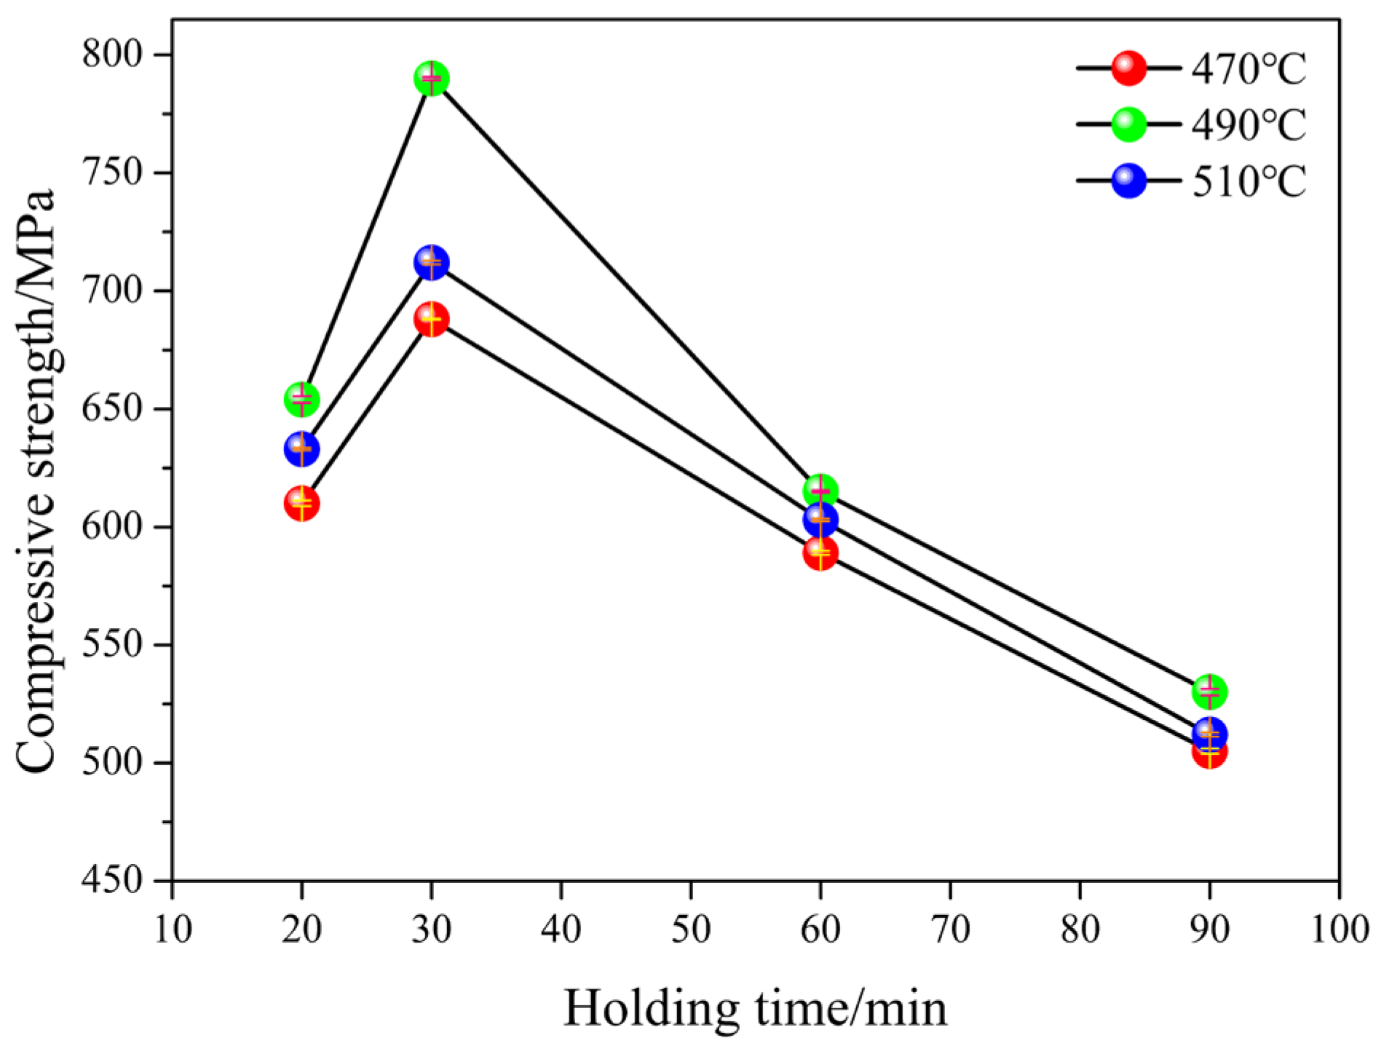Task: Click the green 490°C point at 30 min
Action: pyautogui.click(x=432, y=79)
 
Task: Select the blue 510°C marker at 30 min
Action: pyautogui.click(x=432, y=263)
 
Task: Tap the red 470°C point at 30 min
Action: pyautogui.click(x=432, y=320)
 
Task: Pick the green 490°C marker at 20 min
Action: pyautogui.click(x=301, y=400)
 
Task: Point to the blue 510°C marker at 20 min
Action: pyautogui.click(x=301, y=449)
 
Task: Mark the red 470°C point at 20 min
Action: pyautogui.click(x=301, y=504)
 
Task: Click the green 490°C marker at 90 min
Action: pyautogui.click(x=1210, y=692)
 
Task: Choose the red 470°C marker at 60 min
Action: pyautogui.click(x=820, y=554)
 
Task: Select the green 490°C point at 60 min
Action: pyautogui.click(x=820, y=491)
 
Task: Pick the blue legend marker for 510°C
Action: pyautogui.click(x=1129, y=181)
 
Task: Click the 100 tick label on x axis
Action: pyautogui.click(x=1340, y=930)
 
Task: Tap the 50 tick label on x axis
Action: pyautogui.click(x=691, y=930)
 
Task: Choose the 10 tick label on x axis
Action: pyautogui.click(x=173, y=930)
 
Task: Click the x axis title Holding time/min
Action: pyautogui.click(x=756, y=1009)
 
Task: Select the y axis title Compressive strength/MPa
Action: pyautogui.click(x=36, y=480)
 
